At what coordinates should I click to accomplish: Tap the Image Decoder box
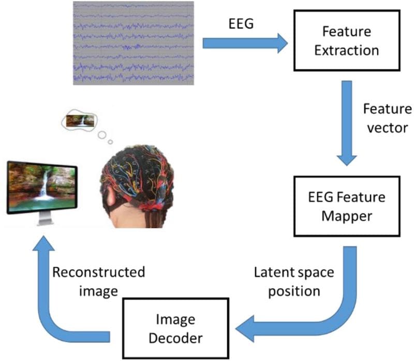(x=175, y=328)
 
